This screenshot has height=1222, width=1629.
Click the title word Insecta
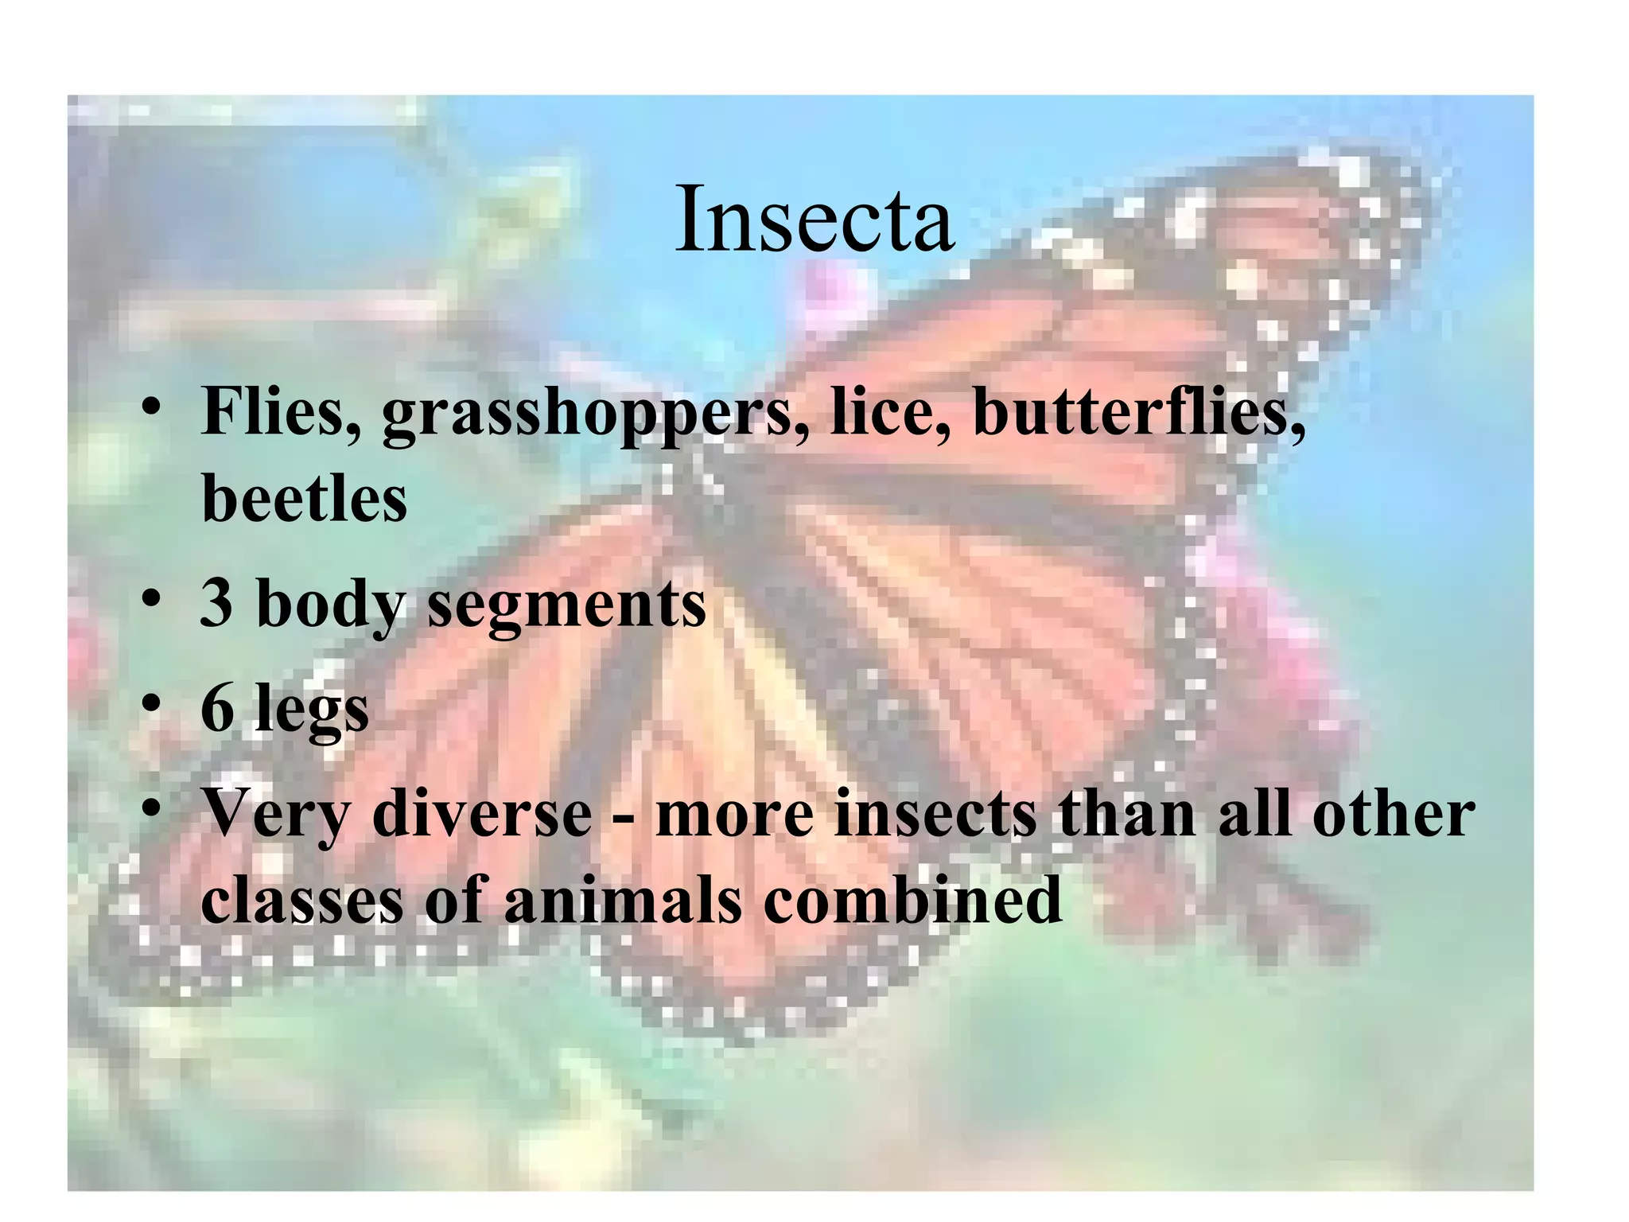tap(814, 219)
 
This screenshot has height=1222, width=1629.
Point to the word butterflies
tap(1138, 412)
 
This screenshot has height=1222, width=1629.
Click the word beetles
tap(304, 499)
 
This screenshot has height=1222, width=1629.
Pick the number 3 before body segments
tap(216, 603)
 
